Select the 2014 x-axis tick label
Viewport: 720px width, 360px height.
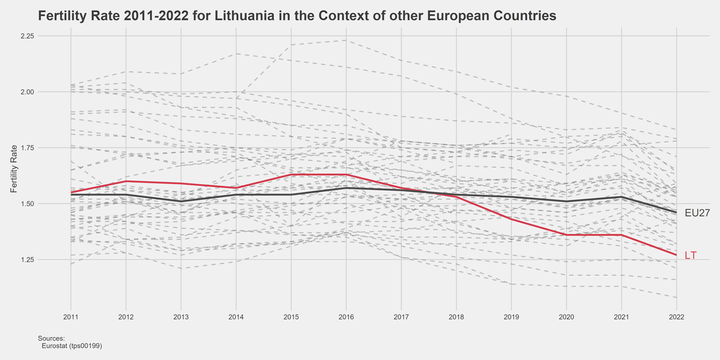click(x=236, y=315)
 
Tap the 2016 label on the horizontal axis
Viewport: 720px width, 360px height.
click(x=345, y=315)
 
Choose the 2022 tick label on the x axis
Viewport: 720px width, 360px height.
click(x=677, y=315)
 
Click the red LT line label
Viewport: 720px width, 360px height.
click(x=691, y=256)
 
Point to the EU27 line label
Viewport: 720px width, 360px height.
click(x=697, y=213)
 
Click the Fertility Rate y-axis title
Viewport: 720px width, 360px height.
click(x=14, y=169)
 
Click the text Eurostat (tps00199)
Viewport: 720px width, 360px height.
click(x=71, y=346)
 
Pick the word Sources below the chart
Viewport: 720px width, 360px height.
click(x=51, y=339)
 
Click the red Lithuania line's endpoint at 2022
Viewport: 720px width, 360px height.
click(x=677, y=255)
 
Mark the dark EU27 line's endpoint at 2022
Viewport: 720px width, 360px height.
click(x=677, y=213)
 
